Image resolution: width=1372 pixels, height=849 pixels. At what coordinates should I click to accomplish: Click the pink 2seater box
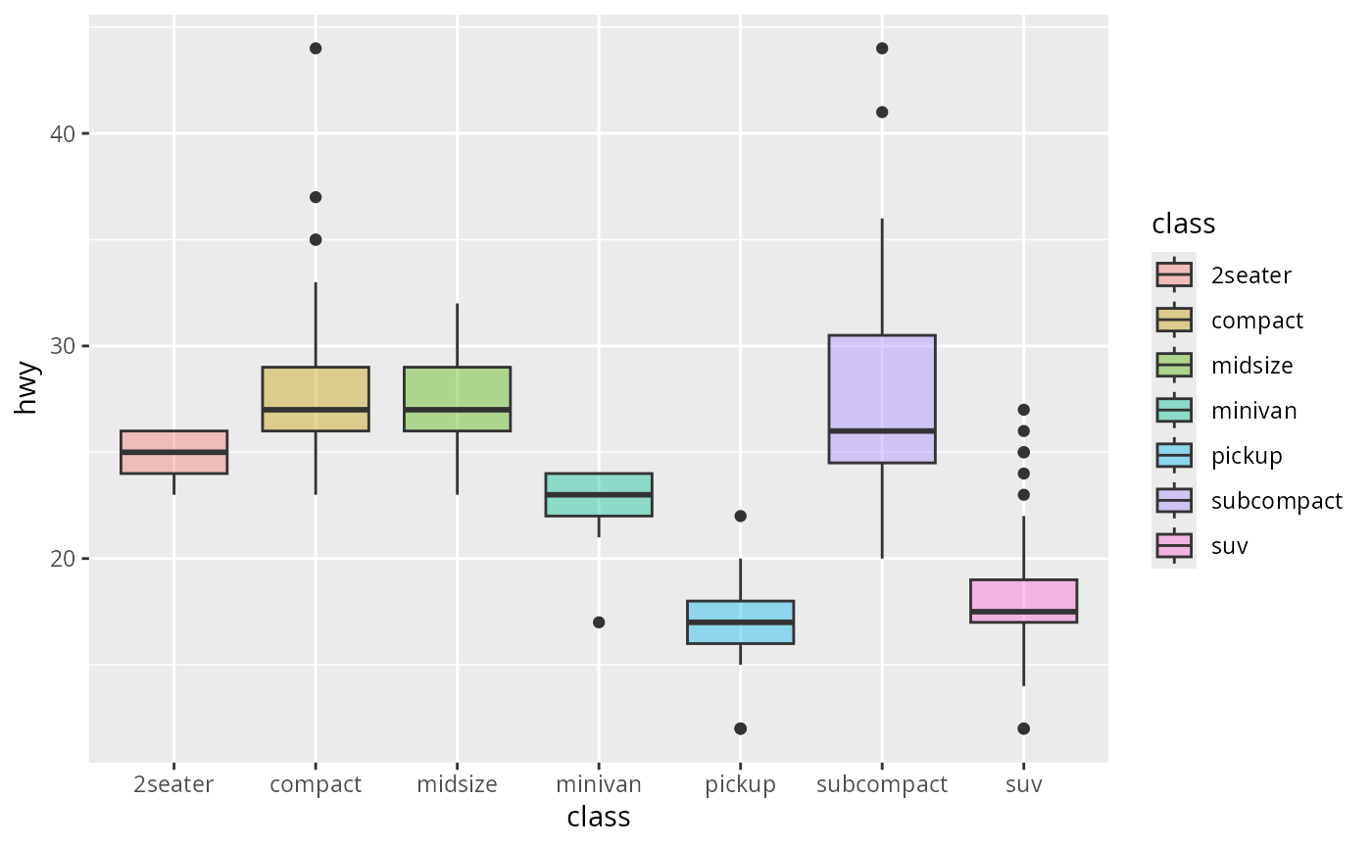(173, 452)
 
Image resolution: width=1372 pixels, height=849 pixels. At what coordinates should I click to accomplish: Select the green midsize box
(457, 399)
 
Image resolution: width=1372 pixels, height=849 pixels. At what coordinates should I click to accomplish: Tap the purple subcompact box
(882, 399)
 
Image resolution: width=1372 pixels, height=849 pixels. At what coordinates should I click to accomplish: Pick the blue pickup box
(740, 622)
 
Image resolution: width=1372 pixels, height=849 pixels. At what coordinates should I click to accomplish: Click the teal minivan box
(599, 494)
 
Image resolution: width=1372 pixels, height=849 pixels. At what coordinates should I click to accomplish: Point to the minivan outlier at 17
(599, 623)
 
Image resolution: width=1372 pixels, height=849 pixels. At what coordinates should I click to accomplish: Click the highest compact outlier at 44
(316, 48)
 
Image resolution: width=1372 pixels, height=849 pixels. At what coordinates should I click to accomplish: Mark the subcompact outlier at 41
(882, 112)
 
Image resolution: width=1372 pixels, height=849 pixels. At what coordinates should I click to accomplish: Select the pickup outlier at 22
(740, 516)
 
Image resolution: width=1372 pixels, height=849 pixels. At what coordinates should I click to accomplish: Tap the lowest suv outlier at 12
(1023, 728)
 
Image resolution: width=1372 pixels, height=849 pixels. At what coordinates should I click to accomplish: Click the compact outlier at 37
(316, 197)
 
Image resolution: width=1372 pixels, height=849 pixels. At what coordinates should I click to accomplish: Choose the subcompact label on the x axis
(882, 784)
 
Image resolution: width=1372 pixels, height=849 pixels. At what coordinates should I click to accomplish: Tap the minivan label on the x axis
(599, 784)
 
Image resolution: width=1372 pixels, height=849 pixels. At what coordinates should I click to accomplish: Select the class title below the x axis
(599, 817)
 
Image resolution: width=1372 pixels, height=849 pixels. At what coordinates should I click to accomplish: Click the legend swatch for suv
(1173, 546)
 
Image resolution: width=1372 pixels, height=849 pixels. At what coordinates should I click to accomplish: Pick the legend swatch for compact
(1173, 321)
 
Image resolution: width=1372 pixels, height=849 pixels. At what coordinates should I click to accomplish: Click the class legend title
(1184, 225)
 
